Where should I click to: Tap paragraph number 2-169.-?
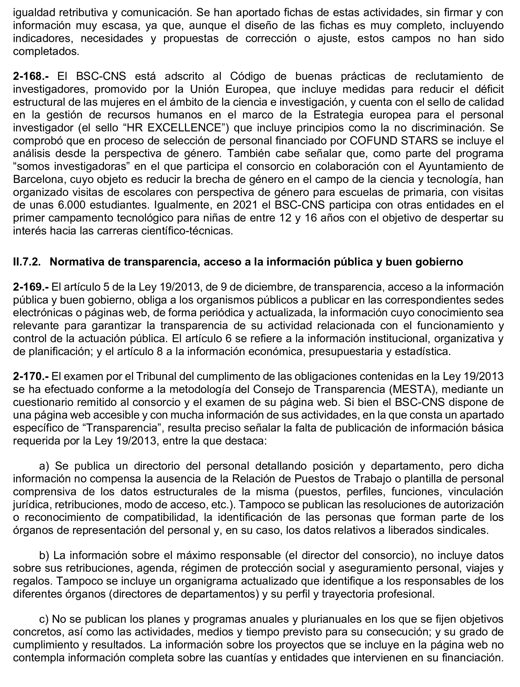[31, 287]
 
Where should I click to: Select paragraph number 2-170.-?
[31, 376]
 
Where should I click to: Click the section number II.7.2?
[27, 262]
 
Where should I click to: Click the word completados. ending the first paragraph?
[46, 51]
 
